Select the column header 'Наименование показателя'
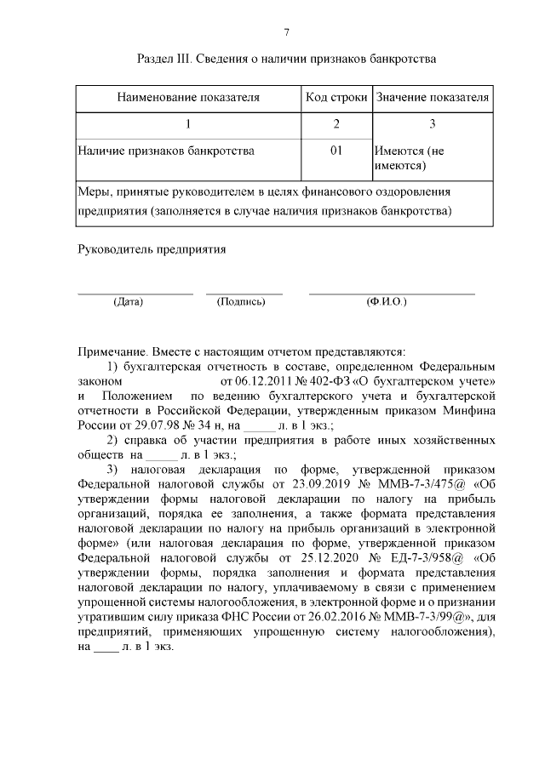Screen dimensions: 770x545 click(x=188, y=98)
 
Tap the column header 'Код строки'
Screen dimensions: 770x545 click(x=336, y=98)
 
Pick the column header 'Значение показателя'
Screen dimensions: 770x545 click(x=433, y=98)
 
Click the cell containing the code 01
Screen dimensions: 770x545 click(x=336, y=151)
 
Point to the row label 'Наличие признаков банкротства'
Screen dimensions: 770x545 click(x=165, y=151)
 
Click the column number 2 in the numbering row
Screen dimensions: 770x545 click(x=336, y=125)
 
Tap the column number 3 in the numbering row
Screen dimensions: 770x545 click(x=433, y=125)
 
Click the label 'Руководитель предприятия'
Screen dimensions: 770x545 click(x=152, y=250)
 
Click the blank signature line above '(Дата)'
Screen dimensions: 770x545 click(x=135, y=293)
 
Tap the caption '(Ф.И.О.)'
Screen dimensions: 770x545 click(x=386, y=302)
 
